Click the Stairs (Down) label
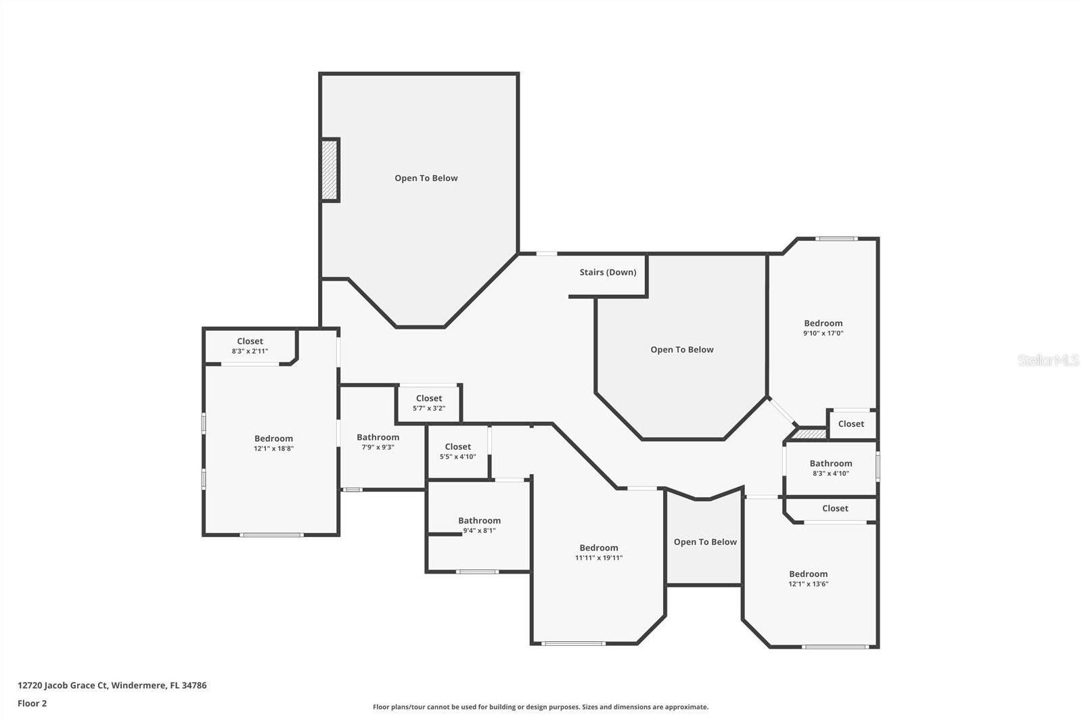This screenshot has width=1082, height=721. click(608, 273)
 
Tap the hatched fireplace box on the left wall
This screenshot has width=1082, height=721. click(330, 170)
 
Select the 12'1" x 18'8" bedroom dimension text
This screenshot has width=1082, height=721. click(274, 448)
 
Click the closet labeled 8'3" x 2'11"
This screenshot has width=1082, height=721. click(250, 346)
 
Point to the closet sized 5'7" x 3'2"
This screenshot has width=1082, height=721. click(429, 402)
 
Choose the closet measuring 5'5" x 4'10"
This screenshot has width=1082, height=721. click(458, 451)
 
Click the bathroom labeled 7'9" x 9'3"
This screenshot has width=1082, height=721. click(378, 442)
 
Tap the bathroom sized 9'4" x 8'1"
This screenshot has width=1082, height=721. click(479, 525)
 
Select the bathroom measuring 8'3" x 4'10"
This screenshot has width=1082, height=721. click(831, 468)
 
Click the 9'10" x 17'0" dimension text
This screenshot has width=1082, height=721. click(823, 333)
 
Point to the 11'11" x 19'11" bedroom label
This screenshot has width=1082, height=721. click(598, 553)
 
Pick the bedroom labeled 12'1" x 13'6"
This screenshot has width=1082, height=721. click(808, 578)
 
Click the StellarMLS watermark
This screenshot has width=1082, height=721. click(1048, 360)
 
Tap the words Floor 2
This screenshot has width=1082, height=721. click(32, 703)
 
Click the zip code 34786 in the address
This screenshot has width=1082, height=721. click(194, 685)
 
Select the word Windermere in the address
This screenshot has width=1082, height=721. click(139, 685)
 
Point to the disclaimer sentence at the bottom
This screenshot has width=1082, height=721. click(541, 707)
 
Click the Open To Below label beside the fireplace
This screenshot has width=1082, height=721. click(426, 178)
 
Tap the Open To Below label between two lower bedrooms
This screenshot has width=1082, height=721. click(705, 542)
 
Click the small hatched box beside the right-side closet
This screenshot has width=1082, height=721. click(810, 434)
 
